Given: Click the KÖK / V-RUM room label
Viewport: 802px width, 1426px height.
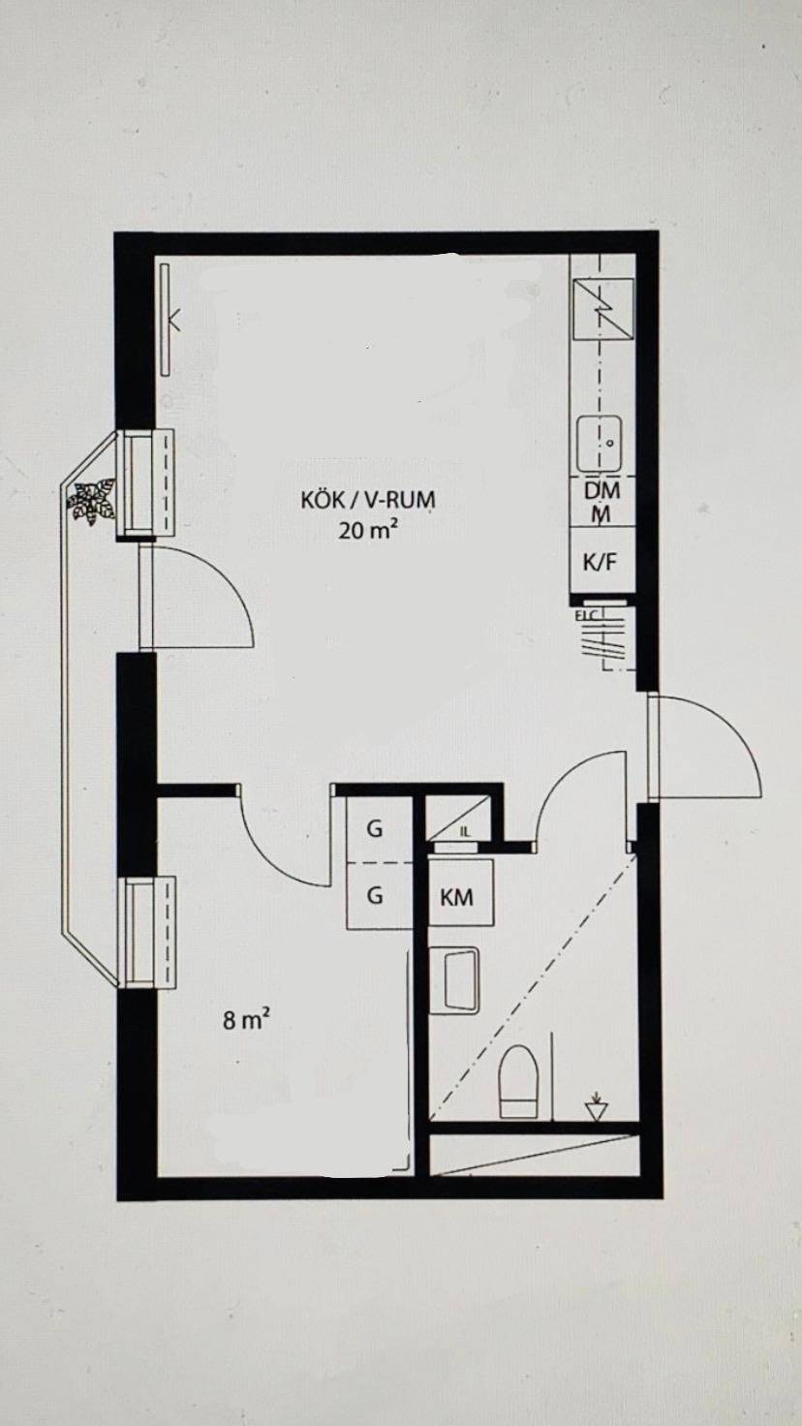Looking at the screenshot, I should pyautogui.click(x=367, y=501).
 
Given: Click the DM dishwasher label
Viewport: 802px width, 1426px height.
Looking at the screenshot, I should pyautogui.click(x=601, y=490).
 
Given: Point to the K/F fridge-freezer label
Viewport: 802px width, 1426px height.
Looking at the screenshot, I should pyautogui.click(x=601, y=562).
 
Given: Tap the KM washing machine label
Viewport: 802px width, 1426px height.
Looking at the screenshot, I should pyautogui.click(x=457, y=897).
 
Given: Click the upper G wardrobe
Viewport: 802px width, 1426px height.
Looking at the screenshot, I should pyautogui.click(x=375, y=829).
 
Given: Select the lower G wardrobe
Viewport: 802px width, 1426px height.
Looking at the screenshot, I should pyautogui.click(x=375, y=895).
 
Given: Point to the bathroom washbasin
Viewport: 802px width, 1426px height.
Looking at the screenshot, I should pyautogui.click(x=454, y=979).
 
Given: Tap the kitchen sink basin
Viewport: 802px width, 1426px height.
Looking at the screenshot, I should pyautogui.click(x=600, y=445).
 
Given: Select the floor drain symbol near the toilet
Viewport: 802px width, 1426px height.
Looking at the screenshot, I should pyautogui.click(x=597, y=1108).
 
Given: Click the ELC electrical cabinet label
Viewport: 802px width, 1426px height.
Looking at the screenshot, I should pyautogui.click(x=587, y=615).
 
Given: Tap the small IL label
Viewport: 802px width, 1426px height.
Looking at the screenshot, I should pyautogui.click(x=465, y=831).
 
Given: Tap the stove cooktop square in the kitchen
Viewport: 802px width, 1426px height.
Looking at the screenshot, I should pyautogui.click(x=602, y=308).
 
